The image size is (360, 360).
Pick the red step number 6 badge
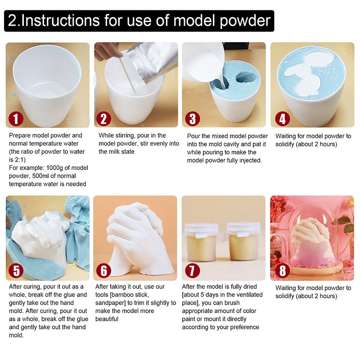(104, 271)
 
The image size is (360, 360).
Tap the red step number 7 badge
(193, 271)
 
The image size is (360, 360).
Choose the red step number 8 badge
(281, 271)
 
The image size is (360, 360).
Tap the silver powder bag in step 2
(155, 61)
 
